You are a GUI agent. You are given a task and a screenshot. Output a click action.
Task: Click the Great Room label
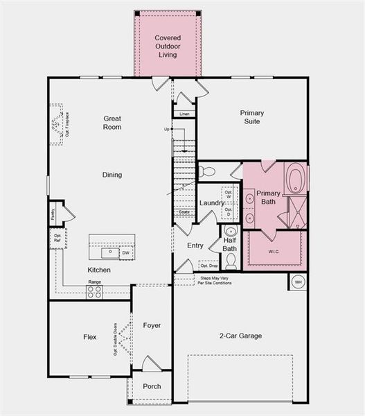click(112, 123)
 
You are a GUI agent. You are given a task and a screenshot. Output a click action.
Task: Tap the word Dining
click(112, 175)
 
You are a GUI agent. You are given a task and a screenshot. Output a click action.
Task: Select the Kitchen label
click(98, 270)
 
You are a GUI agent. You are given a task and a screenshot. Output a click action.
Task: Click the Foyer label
click(152, 325)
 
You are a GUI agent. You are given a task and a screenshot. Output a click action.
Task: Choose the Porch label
click(152, 386)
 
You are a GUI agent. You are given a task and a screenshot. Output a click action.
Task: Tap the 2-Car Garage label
click(240, 336)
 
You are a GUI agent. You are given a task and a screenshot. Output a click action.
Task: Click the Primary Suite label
click(252, 117)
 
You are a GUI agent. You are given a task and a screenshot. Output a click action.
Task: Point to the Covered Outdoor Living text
click(167, 46)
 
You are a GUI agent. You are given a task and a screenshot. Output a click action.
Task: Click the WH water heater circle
click(299, 282)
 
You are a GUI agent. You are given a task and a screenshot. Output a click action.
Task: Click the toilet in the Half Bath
click(231, 261)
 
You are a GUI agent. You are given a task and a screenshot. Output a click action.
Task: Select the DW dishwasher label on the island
click(126, 252)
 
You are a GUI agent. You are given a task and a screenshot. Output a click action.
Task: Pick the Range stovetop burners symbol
click(95, 292)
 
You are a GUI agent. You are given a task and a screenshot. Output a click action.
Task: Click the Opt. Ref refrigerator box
click(55, 240)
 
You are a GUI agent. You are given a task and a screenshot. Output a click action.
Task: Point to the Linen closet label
click(184, 114)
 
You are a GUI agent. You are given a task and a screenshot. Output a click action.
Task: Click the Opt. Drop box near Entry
click(208, 265)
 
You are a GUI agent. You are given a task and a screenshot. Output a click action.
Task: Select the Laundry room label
click(212, 202)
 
